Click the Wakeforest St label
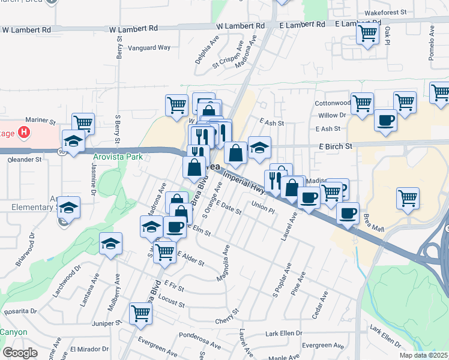[386, 12]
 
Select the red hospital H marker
[24, 131]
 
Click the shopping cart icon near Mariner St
[83, 123]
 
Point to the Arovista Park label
[118, 157]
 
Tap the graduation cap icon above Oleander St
[73, 141]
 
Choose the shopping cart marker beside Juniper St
[140, 313]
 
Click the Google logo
[20, 352]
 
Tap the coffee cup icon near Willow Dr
[385, 119]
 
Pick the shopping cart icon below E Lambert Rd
[367, 34]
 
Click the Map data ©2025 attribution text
[423, 355]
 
